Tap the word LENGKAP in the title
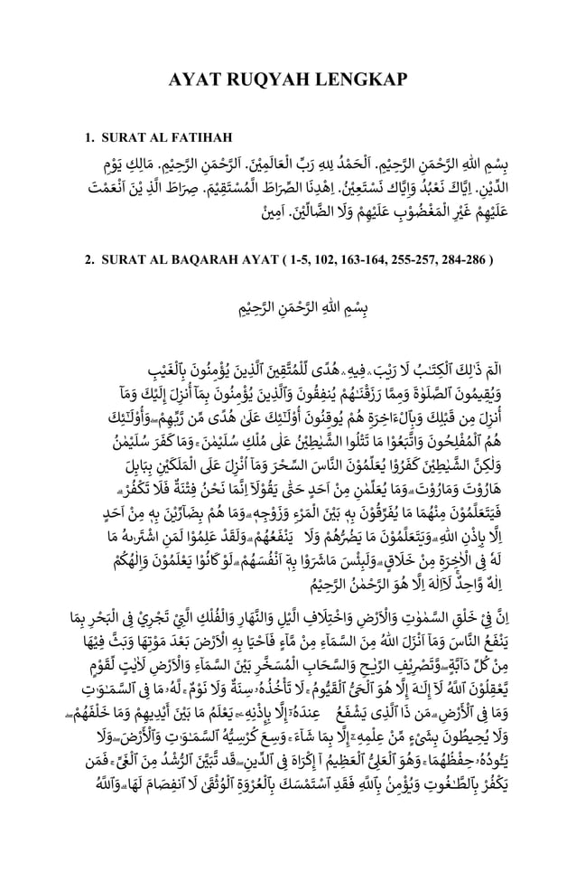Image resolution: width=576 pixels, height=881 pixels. pos(366,81)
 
